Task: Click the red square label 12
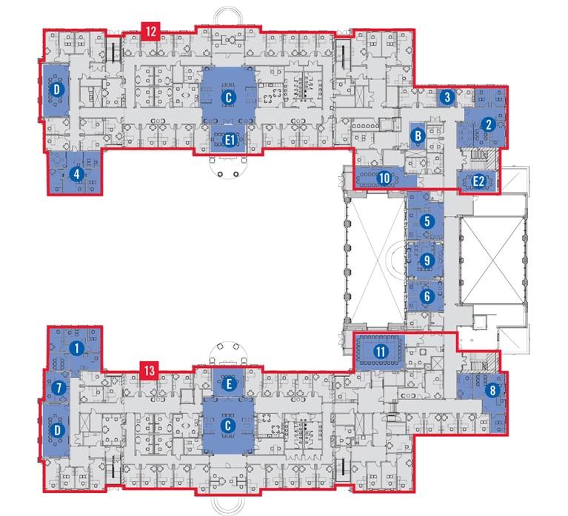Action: tap(151, 32)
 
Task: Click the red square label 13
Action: tap(150, 370)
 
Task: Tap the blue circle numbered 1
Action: tap(76, 349)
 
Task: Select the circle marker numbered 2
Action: tap(488, 124)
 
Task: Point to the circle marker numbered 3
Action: tap(447, 97)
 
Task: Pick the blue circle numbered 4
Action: tap(76, 175)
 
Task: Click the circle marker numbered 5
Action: tap(427, 221)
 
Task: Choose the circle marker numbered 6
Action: tap(427, 296)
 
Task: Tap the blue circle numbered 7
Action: tap(59, 388)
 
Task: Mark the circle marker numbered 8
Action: tap(492, 390)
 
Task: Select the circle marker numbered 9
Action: tap(427, 260)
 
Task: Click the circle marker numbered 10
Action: tap(384, 178)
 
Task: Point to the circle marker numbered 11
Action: tap(381, 351)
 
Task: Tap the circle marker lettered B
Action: tap(418, 135)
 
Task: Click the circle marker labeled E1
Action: tap(230, 140)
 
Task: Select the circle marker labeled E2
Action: tap(478, 181)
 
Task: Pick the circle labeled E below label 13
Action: tap(229, 384)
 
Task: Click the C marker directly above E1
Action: tap(229, 97)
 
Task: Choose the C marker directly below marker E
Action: tap(228, 425)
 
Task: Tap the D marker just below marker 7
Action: tap(56, 431)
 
